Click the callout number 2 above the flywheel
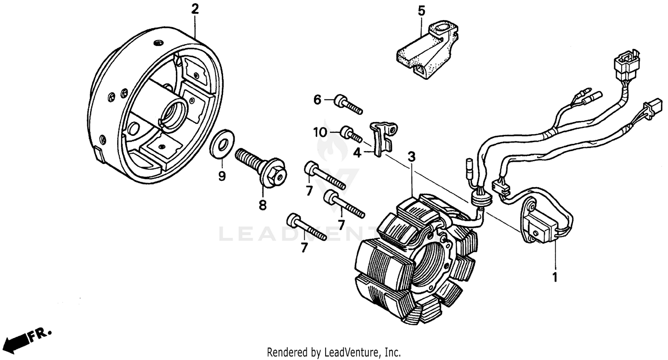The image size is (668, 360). [x=194, y=8]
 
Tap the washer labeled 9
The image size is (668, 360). [x=221, y=144]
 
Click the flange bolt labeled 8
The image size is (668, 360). [x=263, y=167]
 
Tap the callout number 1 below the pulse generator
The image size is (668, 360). [x=555, y=277]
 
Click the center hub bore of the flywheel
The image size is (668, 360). [x=174, y=109]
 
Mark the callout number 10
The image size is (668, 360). [x=319, y=132]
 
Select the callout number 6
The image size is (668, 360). [x=317, y=100]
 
